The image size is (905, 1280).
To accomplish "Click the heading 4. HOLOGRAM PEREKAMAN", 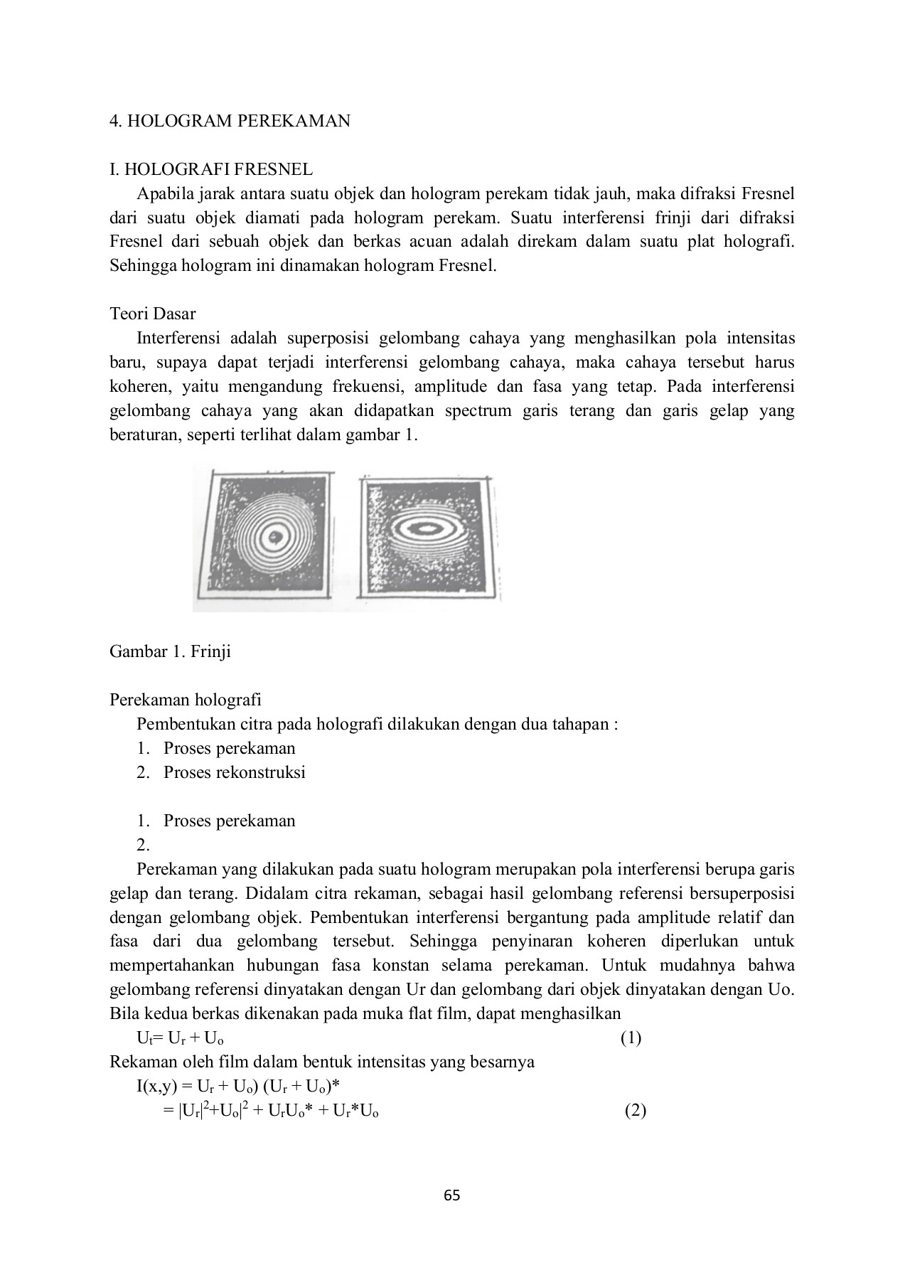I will coord(230,121).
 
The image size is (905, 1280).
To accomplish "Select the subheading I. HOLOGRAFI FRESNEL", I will coord(210,169).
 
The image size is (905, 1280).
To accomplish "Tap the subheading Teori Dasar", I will coord(152,314).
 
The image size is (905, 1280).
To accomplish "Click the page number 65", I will coord(452,1195).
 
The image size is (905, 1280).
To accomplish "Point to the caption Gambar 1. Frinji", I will coord(170,651).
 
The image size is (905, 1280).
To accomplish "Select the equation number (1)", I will coord(630,1038).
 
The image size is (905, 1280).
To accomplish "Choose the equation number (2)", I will coord(635,1111).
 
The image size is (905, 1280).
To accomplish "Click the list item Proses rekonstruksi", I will coord(234,772).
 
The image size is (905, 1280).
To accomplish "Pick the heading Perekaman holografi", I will coord(185,700).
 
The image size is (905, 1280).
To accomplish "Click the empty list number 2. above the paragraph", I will coord(143,845).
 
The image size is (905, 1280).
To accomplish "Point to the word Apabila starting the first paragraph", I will coord(164,193).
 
